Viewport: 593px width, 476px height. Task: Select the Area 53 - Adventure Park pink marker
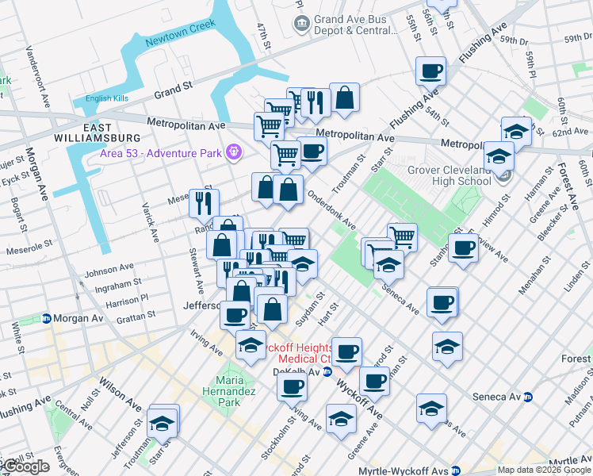coord(234,151)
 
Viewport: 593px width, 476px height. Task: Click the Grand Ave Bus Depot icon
coord(302,24)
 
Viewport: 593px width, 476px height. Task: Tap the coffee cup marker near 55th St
coord(431,71)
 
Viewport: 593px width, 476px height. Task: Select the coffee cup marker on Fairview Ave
coord(464,247)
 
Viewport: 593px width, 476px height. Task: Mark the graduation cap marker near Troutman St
coord(163,422)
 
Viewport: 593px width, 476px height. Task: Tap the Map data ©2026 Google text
coord(543,470)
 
